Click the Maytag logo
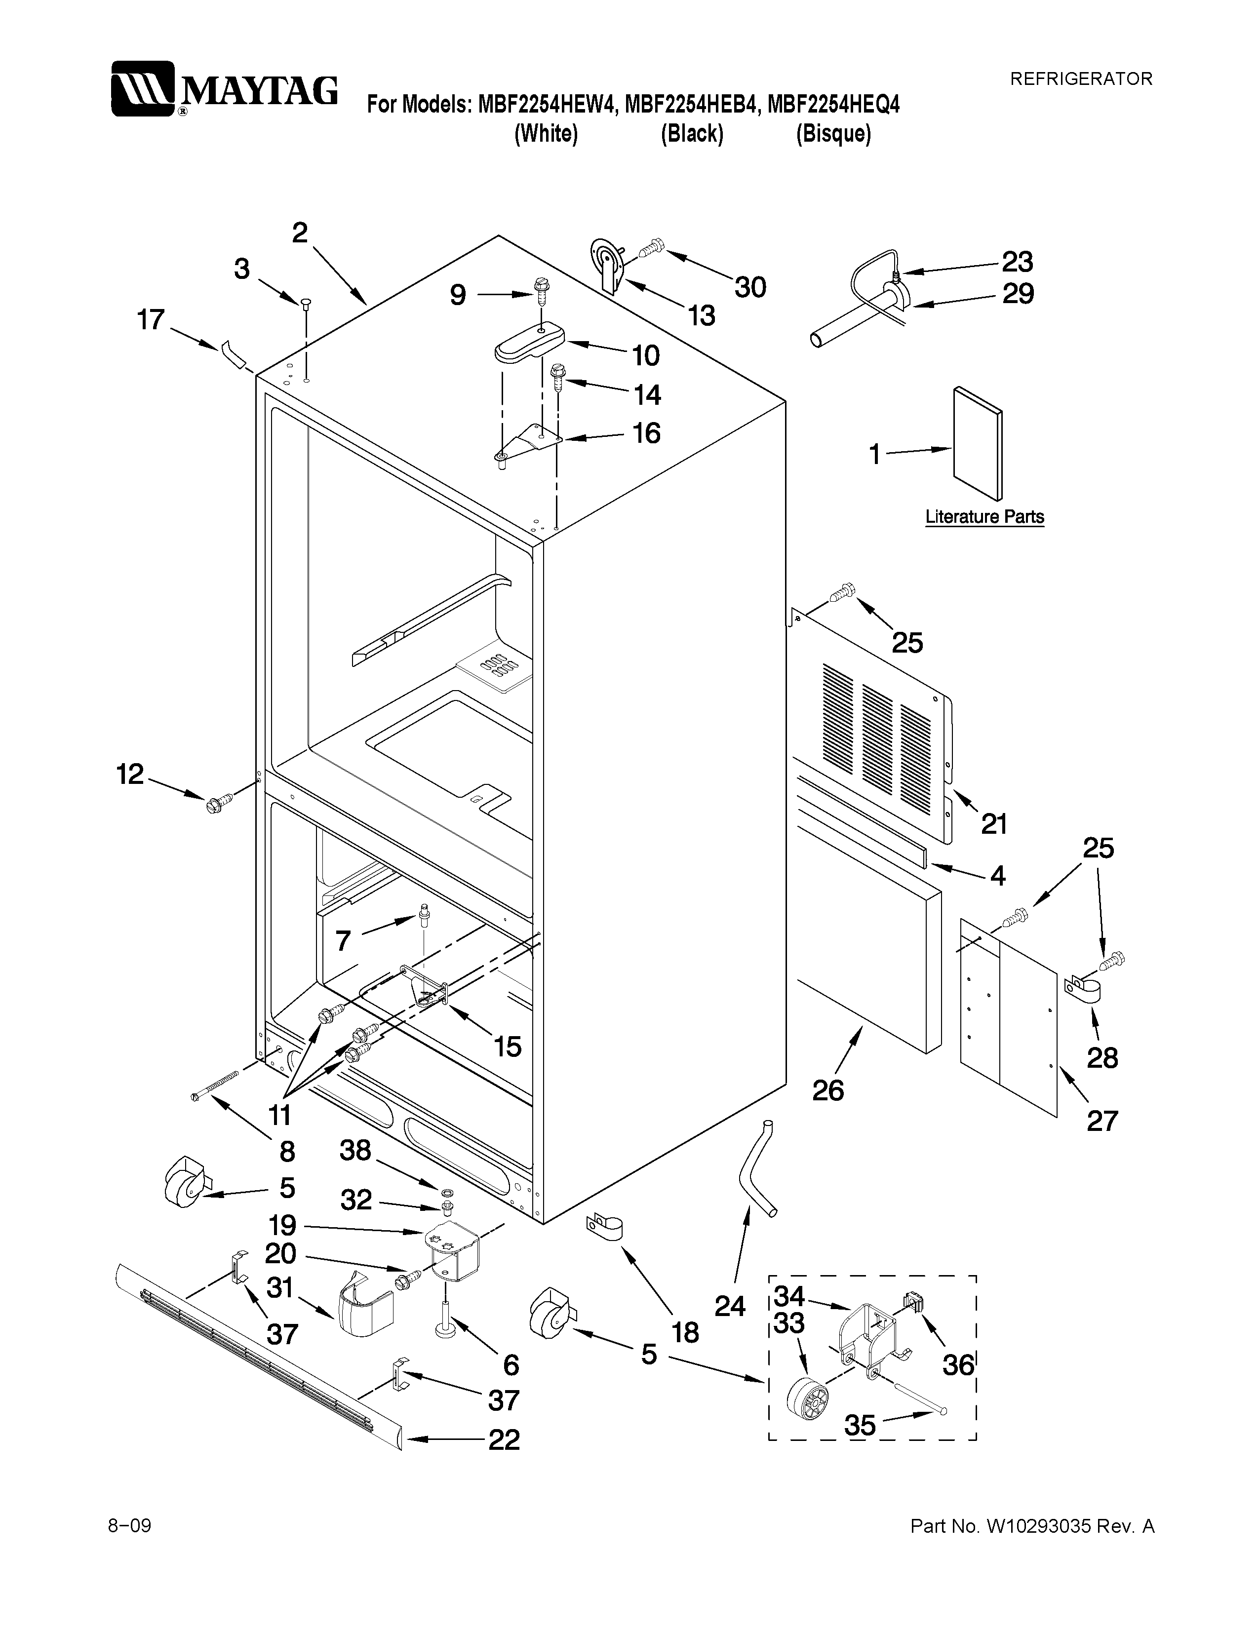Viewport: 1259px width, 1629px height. point(224,89)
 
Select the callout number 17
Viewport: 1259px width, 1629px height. point(151,320)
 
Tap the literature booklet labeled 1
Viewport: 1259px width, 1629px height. point(977,443)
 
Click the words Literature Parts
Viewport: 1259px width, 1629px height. point(984,517)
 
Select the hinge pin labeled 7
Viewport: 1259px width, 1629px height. point(425,914)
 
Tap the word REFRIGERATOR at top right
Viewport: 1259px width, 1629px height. point(1081,78)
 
